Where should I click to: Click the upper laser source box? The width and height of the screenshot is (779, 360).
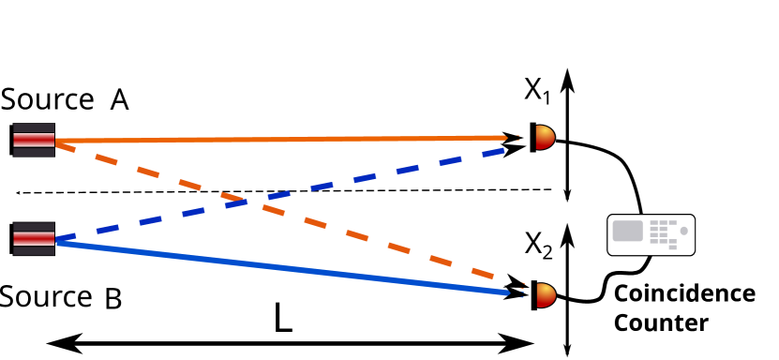tap(34, 140)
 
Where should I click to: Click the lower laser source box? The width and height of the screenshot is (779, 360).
tap(34, 238)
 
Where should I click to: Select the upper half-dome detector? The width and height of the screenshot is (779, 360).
tap(544, 138)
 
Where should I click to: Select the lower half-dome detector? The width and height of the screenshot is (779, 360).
tap(545, 295)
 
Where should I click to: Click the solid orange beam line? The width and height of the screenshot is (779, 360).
tap(281, 140)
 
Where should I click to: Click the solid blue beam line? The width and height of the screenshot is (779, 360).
tap(281, 268)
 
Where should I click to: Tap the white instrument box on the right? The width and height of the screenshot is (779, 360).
tap(651, 234)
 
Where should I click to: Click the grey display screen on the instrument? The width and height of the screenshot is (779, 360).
tap(627, 231)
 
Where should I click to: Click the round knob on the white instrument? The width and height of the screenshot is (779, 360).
tap(683, 231)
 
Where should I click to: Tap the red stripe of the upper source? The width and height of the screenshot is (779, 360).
tap(34, 140)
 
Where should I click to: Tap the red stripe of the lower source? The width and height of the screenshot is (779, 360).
tap(34, 238)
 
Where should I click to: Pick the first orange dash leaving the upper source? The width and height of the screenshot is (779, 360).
tap(66, 146)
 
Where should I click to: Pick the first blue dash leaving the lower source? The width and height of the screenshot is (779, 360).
tap(66, 238)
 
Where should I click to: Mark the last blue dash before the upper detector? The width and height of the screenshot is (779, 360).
tap(493, 152)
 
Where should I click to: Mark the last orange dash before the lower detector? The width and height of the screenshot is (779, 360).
tap(482, 273)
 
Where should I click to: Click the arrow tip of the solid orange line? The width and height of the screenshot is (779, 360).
tap(505, 138)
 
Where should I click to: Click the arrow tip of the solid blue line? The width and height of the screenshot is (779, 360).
tap(507, 293)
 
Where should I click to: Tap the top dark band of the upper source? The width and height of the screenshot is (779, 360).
tap(34, 127)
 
